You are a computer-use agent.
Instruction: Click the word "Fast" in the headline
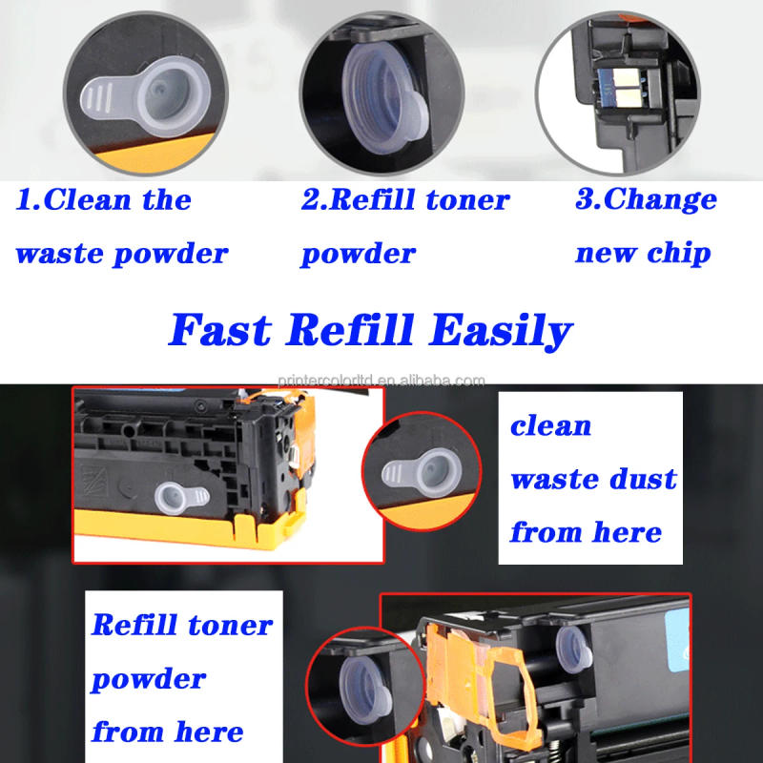point(219,330)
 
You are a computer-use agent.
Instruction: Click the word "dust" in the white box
point(640,478)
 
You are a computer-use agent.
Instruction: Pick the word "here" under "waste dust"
point(625,531)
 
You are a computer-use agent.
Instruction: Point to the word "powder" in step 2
point(359,254)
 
